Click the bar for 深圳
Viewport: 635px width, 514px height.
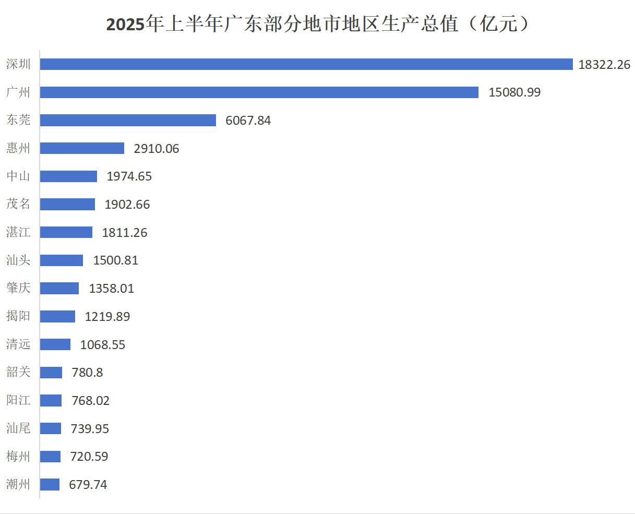click(306, 64)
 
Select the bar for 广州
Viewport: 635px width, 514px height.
click(259, 92)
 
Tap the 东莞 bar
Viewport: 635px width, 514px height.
click(128, 120)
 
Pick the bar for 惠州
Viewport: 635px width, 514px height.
click(82, 148)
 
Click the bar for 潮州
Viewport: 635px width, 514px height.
click(50, 484)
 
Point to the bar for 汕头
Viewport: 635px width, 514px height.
click(62, 260)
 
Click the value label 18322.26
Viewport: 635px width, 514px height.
click(604, 65)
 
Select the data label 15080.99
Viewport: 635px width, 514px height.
click(514, 92)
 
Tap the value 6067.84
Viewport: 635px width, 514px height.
click(248, 121)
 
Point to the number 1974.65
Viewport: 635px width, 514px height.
click(129, 176)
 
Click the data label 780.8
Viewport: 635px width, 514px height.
click(87, 373)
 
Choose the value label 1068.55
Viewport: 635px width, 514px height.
click(103, 344)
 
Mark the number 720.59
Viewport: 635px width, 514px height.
click(89, 457)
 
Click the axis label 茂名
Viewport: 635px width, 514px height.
click(18, 204)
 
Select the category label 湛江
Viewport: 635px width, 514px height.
click(18, 232)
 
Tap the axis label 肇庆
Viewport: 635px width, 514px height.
click(18, 288)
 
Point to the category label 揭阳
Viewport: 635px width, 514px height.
click(18, 316)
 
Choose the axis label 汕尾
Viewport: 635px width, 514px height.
click(18, 428)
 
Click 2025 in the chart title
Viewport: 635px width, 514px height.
click(126, 24)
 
